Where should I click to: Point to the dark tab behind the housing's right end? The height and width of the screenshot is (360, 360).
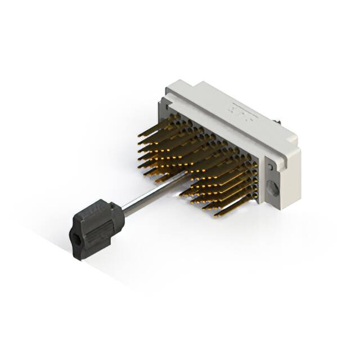[x=278, y=121]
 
